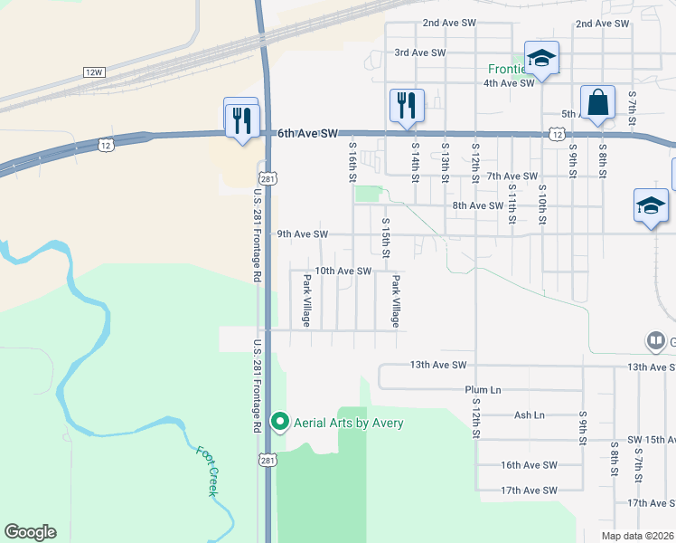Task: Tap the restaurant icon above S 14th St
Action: pos(406,105)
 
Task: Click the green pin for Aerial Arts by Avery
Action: pos(280,422)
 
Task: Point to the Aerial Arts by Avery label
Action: pos(348,423)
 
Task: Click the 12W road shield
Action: pos(93,71)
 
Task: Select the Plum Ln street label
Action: pos(483,390)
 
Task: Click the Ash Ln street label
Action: pos(529,415)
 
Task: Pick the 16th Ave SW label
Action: pos(530,465)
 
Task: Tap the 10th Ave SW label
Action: pos(343,271)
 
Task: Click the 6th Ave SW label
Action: pos(307,133)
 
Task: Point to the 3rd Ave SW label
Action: pos(420,53)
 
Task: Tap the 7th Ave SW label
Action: pos(512,176)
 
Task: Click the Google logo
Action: pos(30,532)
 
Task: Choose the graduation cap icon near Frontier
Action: pos(541,60)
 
